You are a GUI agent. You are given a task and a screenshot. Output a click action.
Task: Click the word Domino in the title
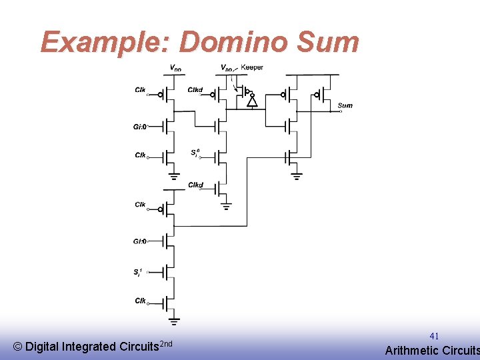[x=233, y=42]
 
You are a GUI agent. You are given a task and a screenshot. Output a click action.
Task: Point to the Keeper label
[x=251, y=67]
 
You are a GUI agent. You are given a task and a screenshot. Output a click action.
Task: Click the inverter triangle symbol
[x=252, y=102]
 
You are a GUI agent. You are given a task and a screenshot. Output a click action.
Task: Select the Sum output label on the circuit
[x=345, y=105]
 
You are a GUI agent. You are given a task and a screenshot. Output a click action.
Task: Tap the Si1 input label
[x=138, y=272]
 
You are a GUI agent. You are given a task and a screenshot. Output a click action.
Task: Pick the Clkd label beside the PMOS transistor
[x=195, y=90]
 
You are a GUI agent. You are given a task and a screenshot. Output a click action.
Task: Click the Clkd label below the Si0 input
[x=195, y=185]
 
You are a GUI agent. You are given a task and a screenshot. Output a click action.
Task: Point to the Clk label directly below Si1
[x=140, y=301]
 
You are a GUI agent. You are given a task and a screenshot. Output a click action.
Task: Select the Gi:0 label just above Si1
[x=139, y=241]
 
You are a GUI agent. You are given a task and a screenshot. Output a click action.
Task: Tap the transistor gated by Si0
[x=222, y=157]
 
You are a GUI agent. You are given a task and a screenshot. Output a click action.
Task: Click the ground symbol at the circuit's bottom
[x=174, y=322]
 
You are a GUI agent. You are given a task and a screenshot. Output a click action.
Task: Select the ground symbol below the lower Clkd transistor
[x=227, y=207]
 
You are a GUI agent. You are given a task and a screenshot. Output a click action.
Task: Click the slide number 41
[x=434, y=336]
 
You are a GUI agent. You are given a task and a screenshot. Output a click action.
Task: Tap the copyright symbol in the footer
[x=17, y=347]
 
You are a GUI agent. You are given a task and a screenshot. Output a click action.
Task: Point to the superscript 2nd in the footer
[x=167, y=343]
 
